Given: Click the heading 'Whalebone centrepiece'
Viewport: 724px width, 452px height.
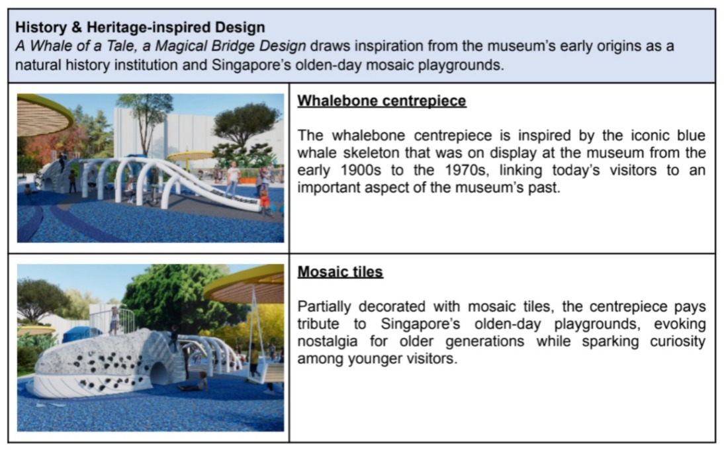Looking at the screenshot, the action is pos(381,101).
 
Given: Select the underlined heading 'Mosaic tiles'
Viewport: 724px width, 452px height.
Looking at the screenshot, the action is pos(340,271).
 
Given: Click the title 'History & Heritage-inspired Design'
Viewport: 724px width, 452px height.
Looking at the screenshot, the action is pos(140,27).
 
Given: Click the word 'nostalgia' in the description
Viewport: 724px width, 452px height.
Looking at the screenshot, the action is pos(327,341).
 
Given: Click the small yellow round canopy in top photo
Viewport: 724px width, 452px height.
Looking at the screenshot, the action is pos(189,156).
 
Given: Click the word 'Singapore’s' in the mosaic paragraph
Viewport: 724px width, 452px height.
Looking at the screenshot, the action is pos(420,324).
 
